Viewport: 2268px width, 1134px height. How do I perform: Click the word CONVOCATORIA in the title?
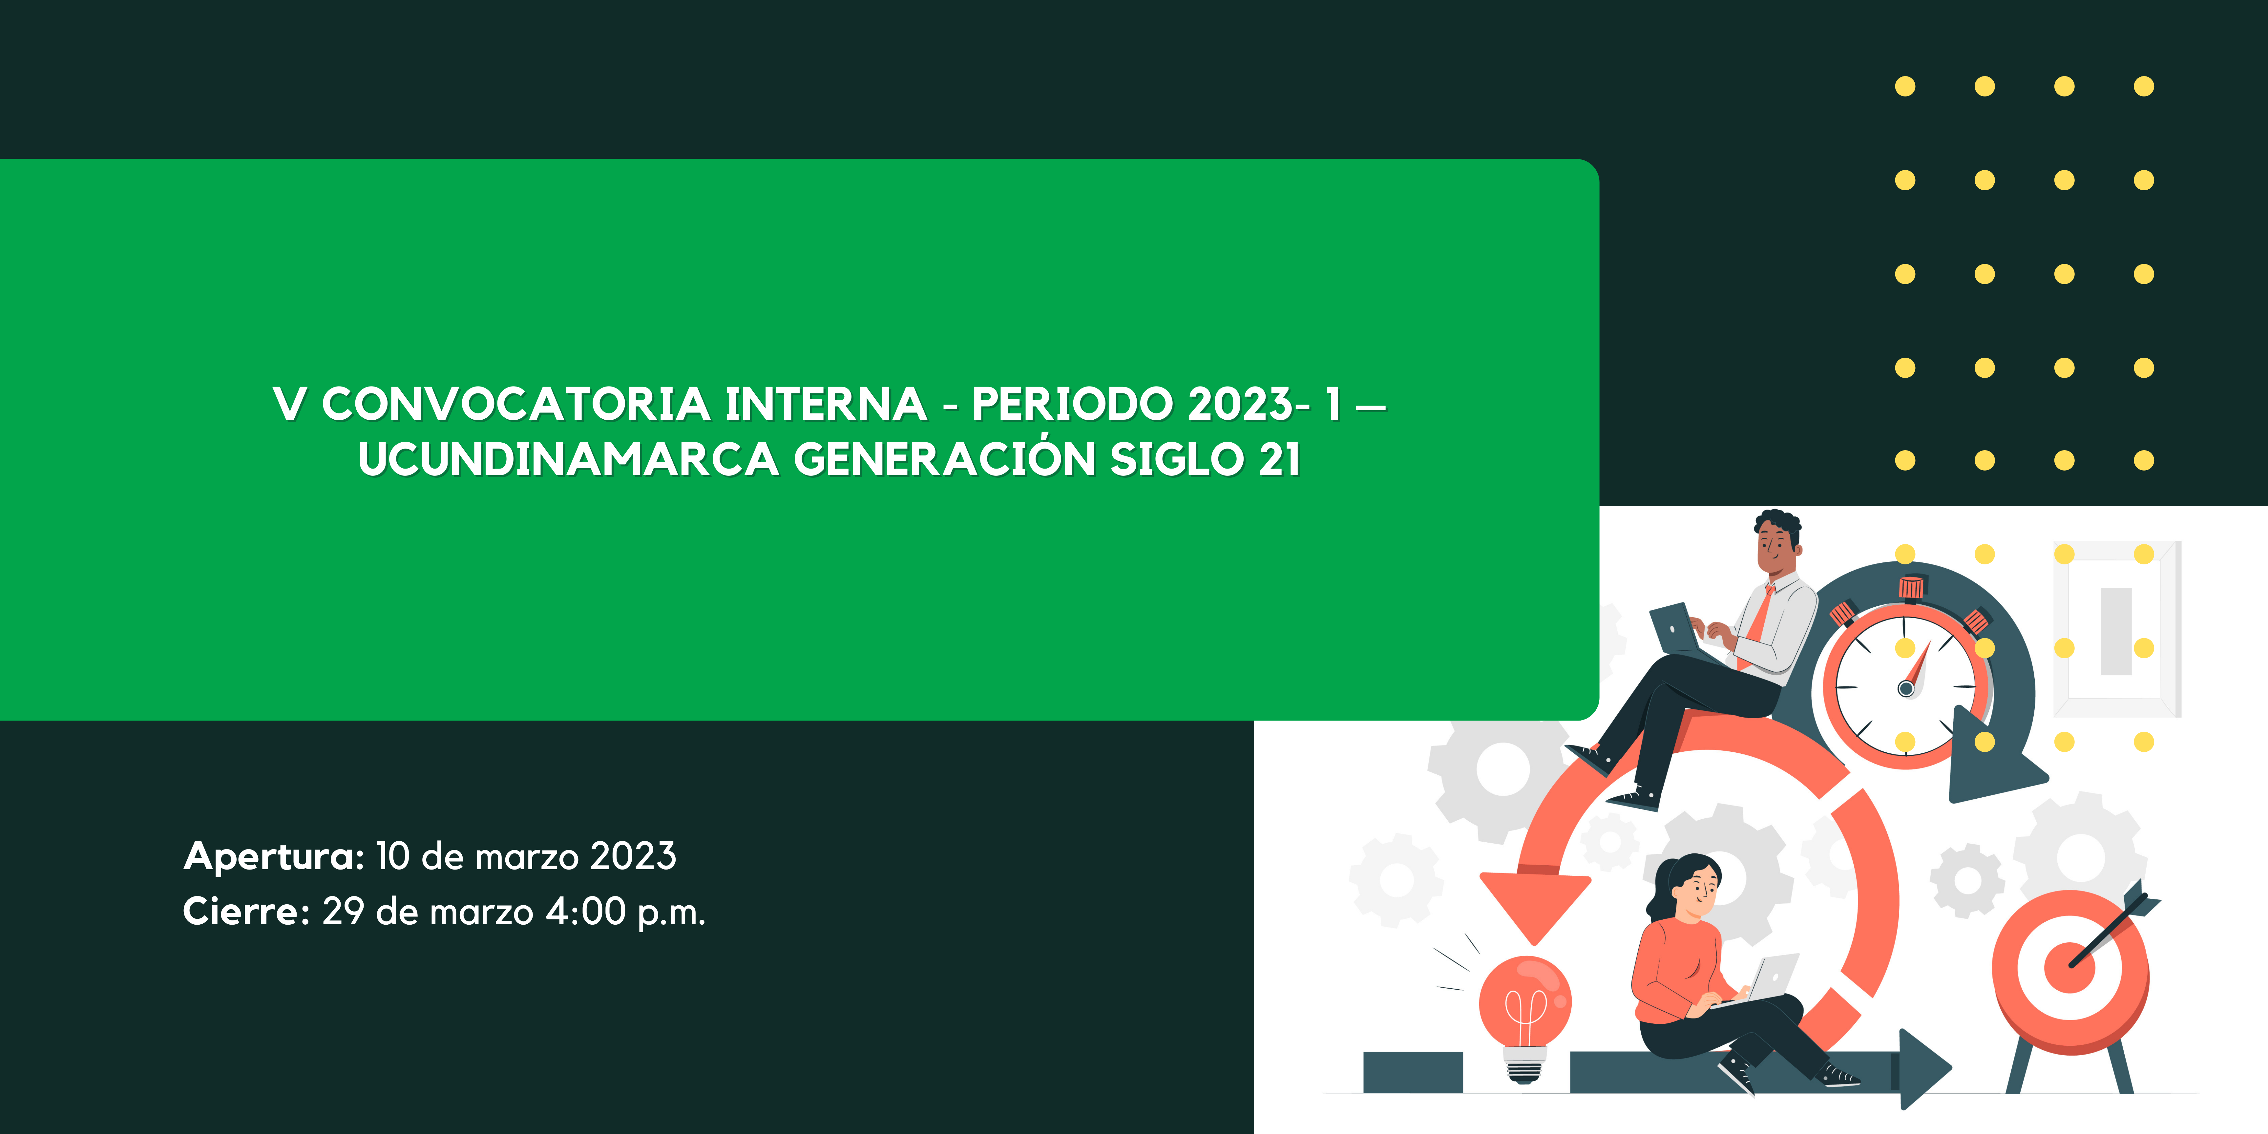(x=516, y=404)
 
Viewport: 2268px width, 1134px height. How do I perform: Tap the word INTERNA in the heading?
(x=826, y=404)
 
